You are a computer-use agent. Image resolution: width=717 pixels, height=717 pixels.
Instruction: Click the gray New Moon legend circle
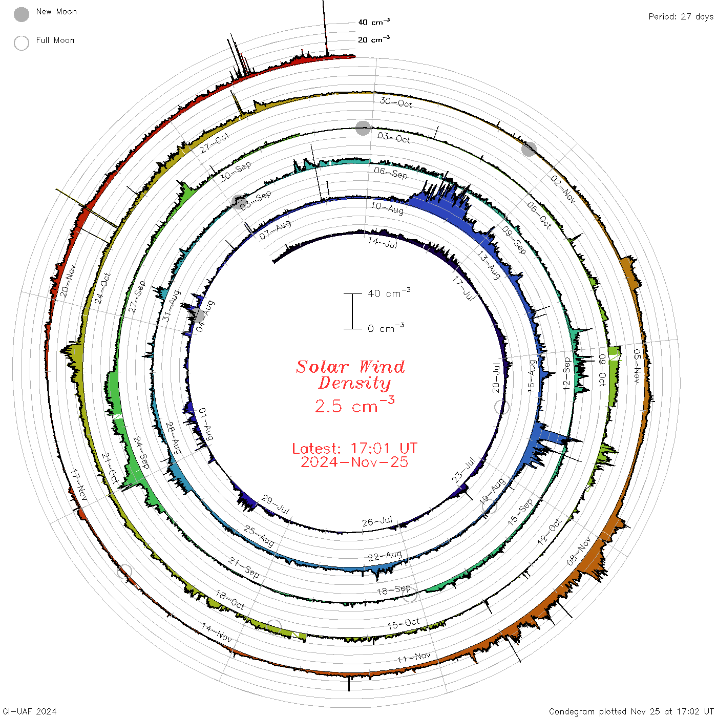22,14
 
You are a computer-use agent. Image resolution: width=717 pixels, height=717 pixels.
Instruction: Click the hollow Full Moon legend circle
22,43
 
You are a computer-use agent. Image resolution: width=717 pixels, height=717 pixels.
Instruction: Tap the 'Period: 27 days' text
681,17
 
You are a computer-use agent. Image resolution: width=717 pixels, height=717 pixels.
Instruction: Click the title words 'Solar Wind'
350,367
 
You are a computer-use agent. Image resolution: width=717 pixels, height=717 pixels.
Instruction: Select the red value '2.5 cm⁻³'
354,405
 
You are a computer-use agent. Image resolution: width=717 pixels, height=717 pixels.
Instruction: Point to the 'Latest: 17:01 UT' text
354,448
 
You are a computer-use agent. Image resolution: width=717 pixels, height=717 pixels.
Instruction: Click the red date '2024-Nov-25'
354,462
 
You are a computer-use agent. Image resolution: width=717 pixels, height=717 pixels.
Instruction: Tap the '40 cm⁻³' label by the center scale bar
389,292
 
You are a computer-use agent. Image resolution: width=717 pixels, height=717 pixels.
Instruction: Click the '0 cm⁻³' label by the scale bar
386,328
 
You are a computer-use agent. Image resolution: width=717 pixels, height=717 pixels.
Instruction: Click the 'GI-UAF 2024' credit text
30,711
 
